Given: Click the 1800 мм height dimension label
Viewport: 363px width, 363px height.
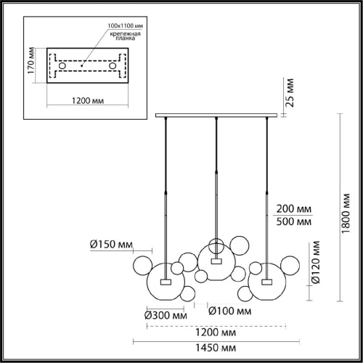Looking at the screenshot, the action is [346, 213].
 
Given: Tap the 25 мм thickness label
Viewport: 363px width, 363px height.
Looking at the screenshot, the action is [290, 93].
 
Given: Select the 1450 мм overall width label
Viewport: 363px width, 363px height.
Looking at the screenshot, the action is [216, 348].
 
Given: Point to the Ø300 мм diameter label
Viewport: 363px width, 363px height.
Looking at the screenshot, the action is [166, 315].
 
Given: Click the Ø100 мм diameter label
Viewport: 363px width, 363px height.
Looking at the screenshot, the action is [230, 311].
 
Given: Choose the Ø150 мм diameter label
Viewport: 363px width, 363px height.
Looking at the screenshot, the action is [111, 245].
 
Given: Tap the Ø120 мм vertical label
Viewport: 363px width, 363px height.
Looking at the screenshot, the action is [316, 262].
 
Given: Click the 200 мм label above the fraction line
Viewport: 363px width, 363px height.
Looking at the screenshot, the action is [294, 208].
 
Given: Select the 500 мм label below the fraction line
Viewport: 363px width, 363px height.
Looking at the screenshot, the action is [294, 221].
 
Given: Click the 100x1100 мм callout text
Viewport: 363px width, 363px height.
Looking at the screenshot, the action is [126, 25].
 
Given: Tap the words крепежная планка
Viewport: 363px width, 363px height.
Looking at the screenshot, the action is [126, 36].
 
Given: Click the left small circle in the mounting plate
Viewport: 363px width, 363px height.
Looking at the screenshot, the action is [62, 65].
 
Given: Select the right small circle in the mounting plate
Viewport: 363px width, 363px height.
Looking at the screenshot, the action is [113, 65].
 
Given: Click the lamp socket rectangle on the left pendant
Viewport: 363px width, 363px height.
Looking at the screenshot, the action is [166, 282].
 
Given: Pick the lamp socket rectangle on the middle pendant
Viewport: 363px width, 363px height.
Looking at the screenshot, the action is [216, 261].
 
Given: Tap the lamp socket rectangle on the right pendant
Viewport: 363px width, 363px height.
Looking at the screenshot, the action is [266, 282].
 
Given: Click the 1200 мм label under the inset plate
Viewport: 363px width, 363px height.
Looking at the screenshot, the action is [88, 100].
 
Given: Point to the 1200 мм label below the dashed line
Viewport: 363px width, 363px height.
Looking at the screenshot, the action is [216, 333].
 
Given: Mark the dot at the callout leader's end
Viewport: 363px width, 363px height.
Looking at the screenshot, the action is [82, 65].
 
